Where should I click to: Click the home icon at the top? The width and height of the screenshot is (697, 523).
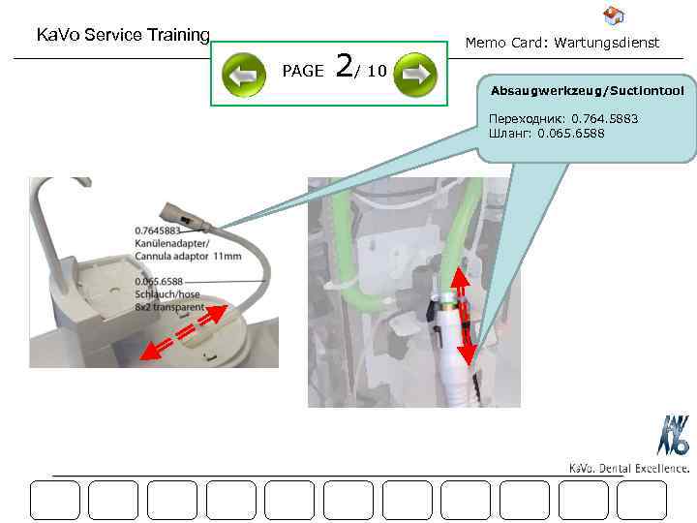click(613, 15)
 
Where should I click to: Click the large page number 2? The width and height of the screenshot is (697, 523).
click(345, 69)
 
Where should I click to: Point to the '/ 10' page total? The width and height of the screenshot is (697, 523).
click(373, 72)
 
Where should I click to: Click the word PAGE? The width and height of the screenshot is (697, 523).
click(302, 72)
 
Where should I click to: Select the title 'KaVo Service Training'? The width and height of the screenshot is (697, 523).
click(123, 36)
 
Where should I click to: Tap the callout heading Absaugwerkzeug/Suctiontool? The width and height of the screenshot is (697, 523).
click(587, 91)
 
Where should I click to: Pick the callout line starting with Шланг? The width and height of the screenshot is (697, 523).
click(546, 133)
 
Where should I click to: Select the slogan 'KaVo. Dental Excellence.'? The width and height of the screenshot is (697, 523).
click(628, 469)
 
